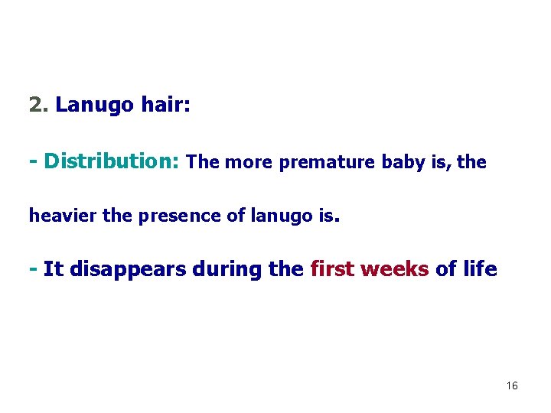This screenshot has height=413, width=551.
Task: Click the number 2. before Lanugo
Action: pyautogui.click(x=38, y=105)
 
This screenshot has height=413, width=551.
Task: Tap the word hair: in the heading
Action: pyautogui.click(x=166, y=105)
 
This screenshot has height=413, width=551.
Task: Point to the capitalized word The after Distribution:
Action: pyautogui.click(x=203, y=162)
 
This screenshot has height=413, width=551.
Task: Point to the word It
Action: pyautogui.click(x=53, y=269)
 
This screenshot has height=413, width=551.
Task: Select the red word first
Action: pyautogui.click(x=334, y=269)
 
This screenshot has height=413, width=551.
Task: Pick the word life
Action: pyautogui.click(x=480, y=269)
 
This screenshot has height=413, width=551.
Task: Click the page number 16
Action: pyautogui.click(x=512, y=386)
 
